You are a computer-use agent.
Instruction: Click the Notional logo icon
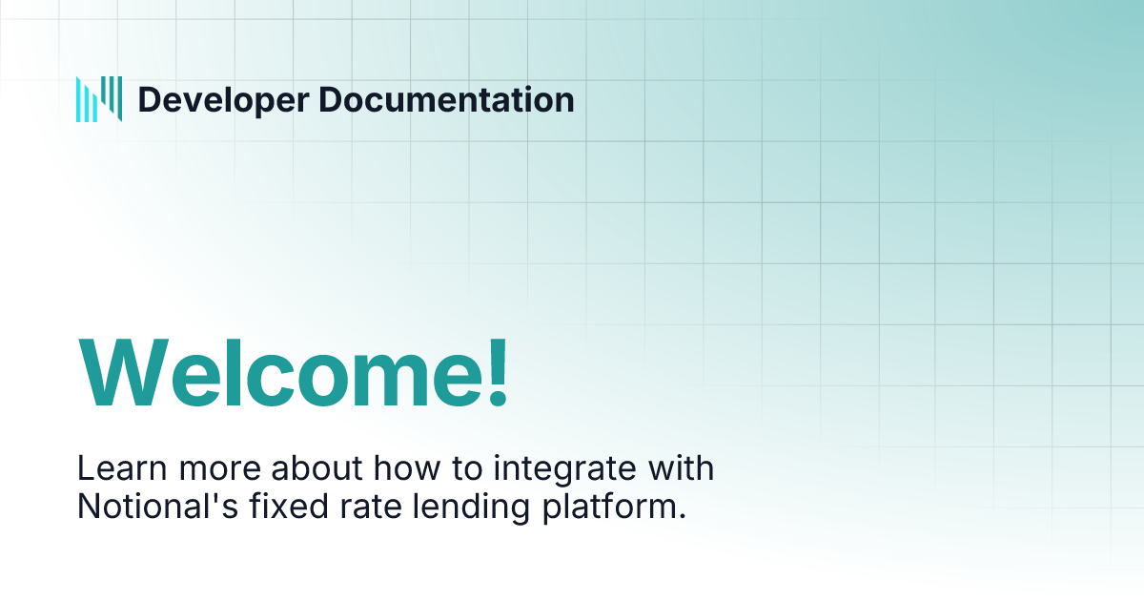click(99, 98)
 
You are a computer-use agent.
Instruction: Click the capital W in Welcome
click(120, 372)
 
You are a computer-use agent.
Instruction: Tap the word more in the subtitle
click(208, 470)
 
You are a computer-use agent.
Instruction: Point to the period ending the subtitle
click(682, 517)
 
